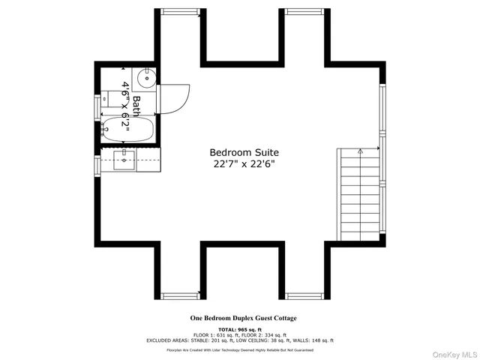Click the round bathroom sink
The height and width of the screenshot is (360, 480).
tap(147, 75)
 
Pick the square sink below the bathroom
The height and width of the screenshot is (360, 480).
tap(125, 156)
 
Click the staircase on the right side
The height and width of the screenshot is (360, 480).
tap(359, 193)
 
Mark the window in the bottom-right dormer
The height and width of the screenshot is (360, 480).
tap(305, 294)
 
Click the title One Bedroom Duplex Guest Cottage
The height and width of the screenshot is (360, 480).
tap(242, 318)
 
